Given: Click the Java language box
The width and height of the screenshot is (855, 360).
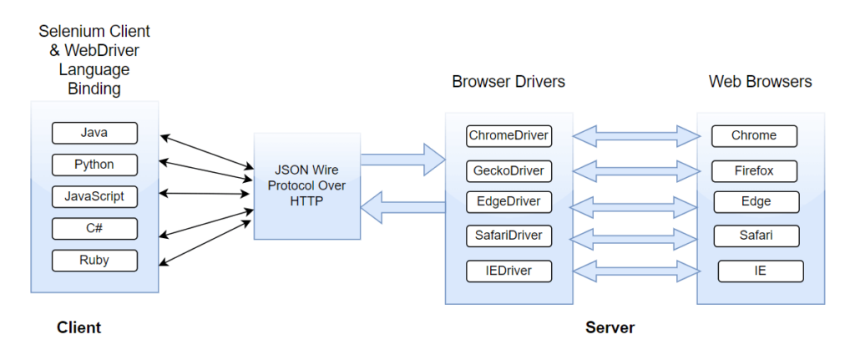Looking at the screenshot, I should pyautogui.click(x=94, y=133).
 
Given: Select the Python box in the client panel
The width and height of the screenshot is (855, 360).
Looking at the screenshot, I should pyautogui.click(x=94, y=165).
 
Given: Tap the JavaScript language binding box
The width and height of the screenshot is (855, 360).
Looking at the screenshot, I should pyautogui.click(x=94, y=196).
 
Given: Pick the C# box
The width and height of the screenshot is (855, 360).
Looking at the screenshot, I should pyautogui.click(x=94, y=228).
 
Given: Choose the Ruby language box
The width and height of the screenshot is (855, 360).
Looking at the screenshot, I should pyautogui.click(x=94, y=260).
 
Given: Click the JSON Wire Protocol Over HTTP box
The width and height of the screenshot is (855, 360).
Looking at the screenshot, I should pyautogui.click(x=307, y=185).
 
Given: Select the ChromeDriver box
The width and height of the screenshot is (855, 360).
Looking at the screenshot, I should pyautogui.click(x=508, y=135).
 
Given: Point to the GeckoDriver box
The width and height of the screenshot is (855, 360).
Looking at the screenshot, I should pyautogui.click(x=508, y=171).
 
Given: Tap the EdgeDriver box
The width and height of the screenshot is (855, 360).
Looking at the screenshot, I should pyautogui.click(x=508, y=201).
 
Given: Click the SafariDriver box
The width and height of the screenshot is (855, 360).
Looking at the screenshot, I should pyautogui.click(x=508, y=236).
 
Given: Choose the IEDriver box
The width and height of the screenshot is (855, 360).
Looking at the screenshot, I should pyautogui.click(x=508, y=271).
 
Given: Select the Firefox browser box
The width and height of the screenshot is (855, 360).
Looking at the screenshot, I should pyautogui.click(x=754, y=171).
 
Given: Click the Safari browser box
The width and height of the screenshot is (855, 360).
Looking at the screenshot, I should pyautogui.click(x=756, y=236).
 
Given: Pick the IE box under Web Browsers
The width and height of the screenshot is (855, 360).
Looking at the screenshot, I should pyautogui.click(x=760, y=271).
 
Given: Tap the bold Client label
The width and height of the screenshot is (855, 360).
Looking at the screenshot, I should pyautogui.click(x=78, y=327).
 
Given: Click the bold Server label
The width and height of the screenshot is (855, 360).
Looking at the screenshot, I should pyautogui.click(x=610, y=327).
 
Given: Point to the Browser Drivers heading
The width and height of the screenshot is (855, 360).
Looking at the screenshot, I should pyautogui.click(x=508, y=82).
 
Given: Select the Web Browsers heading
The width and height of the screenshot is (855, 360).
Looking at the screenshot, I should pyautogui.click(x=760, y=82).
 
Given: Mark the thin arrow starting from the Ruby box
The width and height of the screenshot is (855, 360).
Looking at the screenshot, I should pyautogui.click(x=205, y=241).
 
